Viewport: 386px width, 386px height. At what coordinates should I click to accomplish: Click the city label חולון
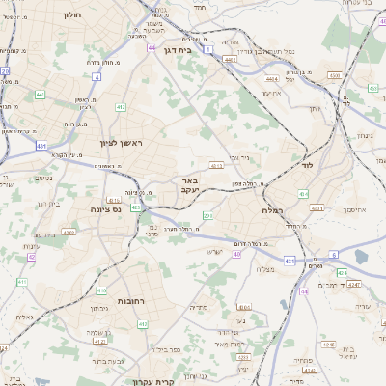click(x=72, y=15)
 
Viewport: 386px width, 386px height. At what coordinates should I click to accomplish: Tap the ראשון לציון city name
click(x=121, y=143)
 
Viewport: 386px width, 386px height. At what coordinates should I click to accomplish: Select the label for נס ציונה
click(x=104, y=208)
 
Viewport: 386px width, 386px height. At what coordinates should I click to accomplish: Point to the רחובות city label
click(x=118, y=301)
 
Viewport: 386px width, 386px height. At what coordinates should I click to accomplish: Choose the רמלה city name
click(x=271, y=209)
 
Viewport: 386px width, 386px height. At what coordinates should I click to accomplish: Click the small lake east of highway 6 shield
click(x=361, y=257)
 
